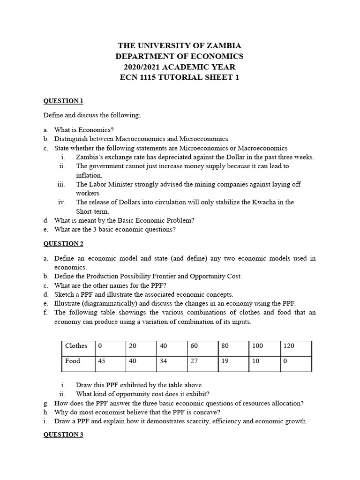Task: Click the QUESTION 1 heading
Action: (63, 101)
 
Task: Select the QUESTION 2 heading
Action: (63, 243)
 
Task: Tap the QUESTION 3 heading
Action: (63, 435)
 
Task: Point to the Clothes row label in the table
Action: (76, 346)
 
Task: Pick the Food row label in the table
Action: (73, 361)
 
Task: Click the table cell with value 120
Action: (289, 346)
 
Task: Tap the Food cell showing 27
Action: (195, 361)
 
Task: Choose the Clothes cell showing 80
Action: (225, 346)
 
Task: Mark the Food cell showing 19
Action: (225, 361)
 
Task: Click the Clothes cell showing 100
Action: (257, 346)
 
